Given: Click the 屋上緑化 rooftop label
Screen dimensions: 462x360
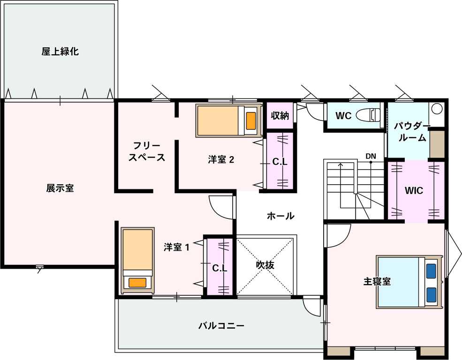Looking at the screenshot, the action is [60, 52].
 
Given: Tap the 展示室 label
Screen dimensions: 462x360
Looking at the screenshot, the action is [60, 188].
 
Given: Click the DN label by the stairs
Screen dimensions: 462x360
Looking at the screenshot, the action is [371, 156].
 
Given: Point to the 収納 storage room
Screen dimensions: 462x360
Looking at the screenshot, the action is [280, 116].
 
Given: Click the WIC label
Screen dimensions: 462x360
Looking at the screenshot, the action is [414, 191].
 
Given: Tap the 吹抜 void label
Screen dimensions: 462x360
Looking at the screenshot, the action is [265, 265].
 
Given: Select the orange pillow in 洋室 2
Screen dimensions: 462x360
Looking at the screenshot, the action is [251, 120].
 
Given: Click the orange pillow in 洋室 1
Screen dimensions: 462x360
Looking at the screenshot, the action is [137, 283].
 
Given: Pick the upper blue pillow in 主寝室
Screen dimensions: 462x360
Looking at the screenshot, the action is [431, 271].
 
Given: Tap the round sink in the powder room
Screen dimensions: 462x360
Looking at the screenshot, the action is [437, 109].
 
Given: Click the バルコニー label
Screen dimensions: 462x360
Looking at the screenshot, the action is [221, 326].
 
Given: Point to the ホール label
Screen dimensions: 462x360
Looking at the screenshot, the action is [280, 216].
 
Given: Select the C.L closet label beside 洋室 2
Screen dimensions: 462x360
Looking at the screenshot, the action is [280, 162].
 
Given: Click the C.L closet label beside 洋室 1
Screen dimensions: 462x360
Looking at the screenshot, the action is [220, 268].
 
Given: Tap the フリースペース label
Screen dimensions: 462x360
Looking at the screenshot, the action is [147, 151].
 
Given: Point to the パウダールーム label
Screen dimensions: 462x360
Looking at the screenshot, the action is [412, 132].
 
